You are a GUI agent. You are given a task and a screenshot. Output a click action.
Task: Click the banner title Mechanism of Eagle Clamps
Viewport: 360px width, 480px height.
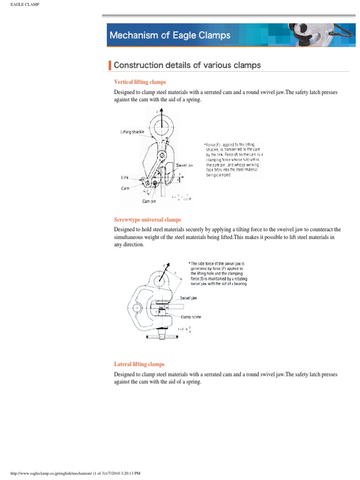pyautogui.click(x=170, y=35)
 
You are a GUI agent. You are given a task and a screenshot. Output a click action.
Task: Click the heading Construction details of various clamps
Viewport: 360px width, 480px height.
pyautogui.click(x=187, y=65)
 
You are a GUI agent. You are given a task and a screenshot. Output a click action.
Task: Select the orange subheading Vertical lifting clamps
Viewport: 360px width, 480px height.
pyautogui.click(x=140, y=82)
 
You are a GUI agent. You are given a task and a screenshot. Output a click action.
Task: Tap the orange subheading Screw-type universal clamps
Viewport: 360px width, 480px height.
pyautogui.click(x=148, y=219)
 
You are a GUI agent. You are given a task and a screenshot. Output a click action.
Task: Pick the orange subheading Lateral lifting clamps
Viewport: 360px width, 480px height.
pyautogui.click(x=139, y=364)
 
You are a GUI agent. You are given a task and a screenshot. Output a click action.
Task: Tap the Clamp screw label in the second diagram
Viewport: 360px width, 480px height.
pyautogui.click(x=191, y=316)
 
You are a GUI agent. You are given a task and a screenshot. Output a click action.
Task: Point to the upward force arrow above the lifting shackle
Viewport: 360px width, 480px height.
pyautogui.click(x=160, y=115)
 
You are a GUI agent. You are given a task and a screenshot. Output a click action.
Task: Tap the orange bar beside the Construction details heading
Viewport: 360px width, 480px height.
pyautogui.click(x=110, y=65)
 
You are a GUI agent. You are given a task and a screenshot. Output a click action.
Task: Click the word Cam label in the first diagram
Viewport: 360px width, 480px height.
pyautogui.click(x=125, y=187)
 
